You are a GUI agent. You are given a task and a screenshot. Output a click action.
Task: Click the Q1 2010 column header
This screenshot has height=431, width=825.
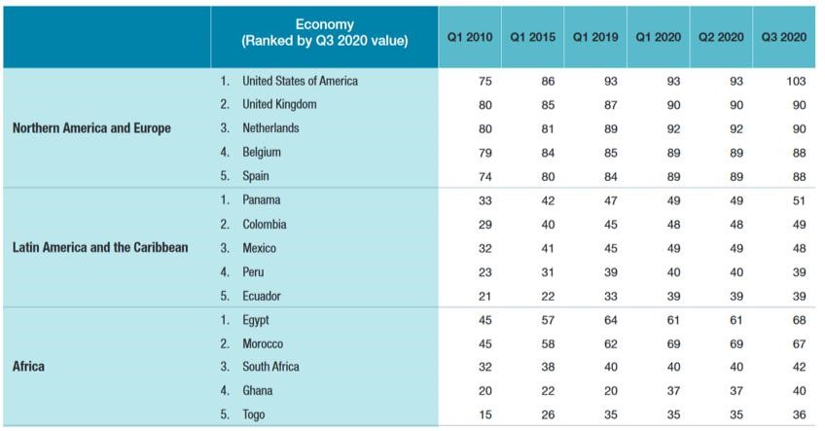[470, 37]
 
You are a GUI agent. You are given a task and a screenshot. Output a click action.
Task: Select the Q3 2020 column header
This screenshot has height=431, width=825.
[784, 37]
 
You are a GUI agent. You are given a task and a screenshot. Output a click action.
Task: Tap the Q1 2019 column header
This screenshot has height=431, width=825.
[595, 37]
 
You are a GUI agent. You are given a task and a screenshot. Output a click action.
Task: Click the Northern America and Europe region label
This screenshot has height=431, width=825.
[91, 128]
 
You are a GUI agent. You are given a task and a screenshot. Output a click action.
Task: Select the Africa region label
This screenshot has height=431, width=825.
[29, 368]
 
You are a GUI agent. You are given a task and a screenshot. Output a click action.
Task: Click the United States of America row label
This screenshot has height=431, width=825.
[300, 81]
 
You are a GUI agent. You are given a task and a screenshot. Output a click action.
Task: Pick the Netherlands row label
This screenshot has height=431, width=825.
[270, 128]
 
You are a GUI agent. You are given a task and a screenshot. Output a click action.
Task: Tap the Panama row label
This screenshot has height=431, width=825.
[263, 200]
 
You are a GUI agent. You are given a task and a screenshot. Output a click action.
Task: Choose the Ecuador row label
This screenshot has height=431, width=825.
[264, 296]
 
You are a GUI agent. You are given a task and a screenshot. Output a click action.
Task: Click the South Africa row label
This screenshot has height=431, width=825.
[270, 367]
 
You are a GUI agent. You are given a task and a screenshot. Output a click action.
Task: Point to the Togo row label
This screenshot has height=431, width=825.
[255, 414]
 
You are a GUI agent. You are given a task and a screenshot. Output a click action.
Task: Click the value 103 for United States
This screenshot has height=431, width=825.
[797, 81]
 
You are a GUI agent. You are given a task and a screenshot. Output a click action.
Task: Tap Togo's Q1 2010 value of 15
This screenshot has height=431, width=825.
[485, 414]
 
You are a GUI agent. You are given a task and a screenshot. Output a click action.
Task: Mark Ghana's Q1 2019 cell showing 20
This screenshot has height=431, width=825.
[611, 391]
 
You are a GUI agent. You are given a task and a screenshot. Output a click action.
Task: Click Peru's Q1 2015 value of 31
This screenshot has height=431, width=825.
[548, 272]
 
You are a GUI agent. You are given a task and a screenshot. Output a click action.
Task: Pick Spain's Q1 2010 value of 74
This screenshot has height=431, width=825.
[485, 176]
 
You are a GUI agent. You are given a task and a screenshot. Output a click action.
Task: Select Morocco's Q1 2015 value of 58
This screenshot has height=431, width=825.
[548, 343]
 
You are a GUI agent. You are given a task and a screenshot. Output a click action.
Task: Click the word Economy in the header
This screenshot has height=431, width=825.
[324, 24]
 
